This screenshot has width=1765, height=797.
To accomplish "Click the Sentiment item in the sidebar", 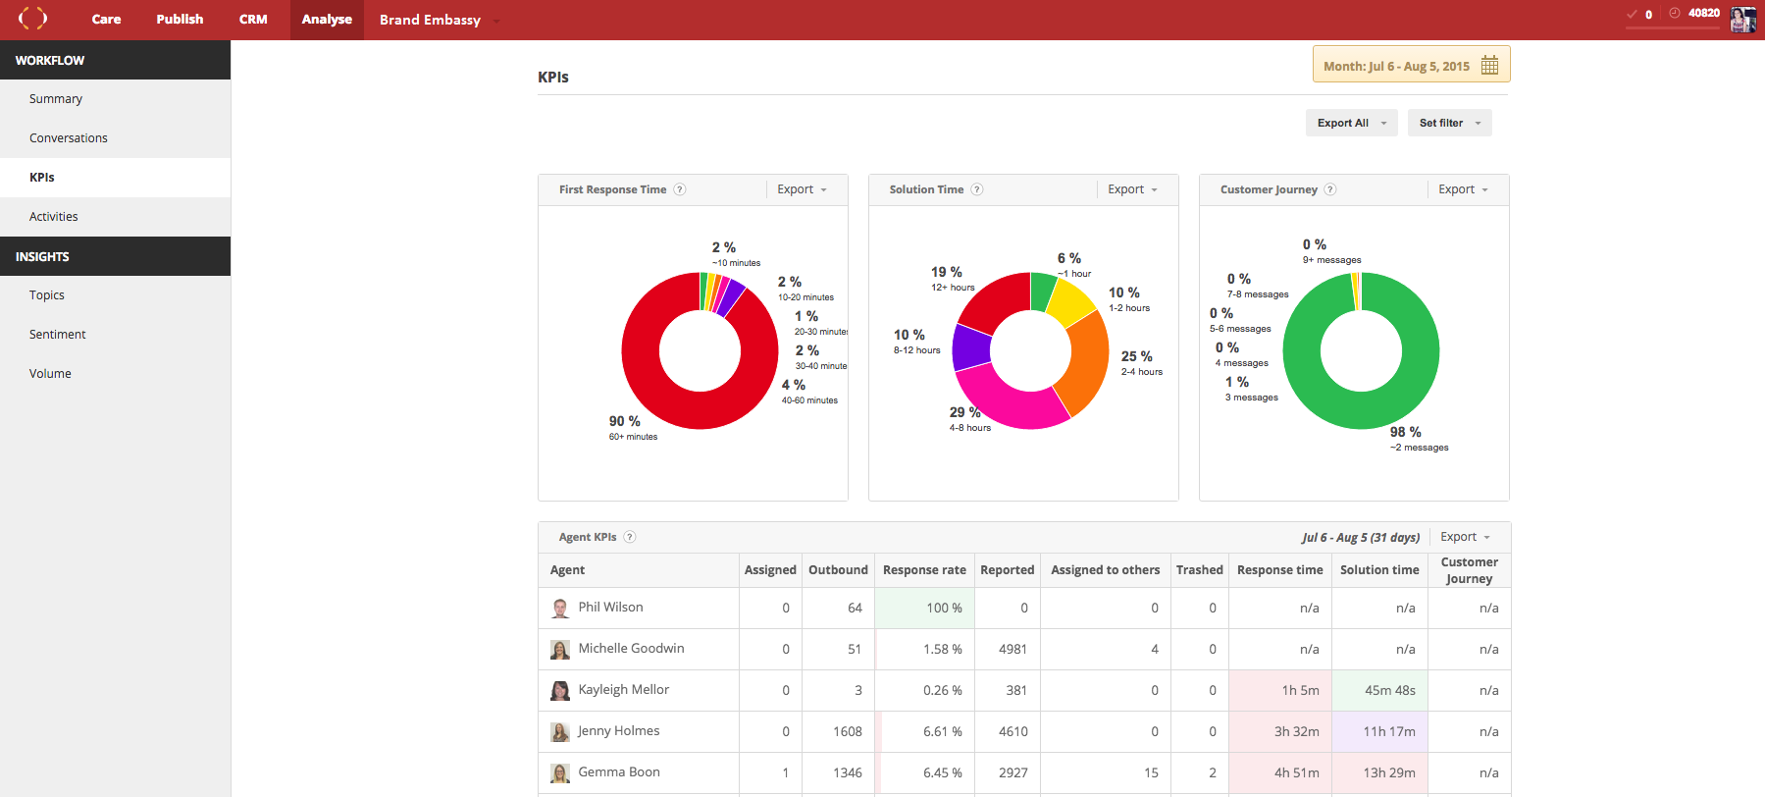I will point(57,335).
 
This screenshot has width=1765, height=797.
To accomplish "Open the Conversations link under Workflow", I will point(69,138).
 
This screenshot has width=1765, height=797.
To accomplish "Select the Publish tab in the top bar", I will point(180,20).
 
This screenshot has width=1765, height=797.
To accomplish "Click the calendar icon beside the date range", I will point(1489,66).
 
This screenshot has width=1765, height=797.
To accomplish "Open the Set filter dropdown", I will point(1449,123).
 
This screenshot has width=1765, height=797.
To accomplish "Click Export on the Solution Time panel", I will point(1132,189).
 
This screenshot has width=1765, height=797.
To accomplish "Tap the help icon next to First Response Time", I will point(680,189).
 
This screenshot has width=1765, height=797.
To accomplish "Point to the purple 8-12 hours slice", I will point(971,346).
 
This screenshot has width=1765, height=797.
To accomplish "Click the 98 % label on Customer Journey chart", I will point(1405,432).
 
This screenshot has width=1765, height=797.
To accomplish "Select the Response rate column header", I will point(924,570).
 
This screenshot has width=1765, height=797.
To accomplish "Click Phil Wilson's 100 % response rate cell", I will point(924,609).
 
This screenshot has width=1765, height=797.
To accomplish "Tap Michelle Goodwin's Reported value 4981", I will point(1012,650).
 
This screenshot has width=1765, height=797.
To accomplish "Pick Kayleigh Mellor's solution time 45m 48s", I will point(1389,691).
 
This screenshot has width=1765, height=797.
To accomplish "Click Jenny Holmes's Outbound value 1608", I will point(847,732).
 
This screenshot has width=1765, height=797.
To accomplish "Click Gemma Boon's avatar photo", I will point(560,773).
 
